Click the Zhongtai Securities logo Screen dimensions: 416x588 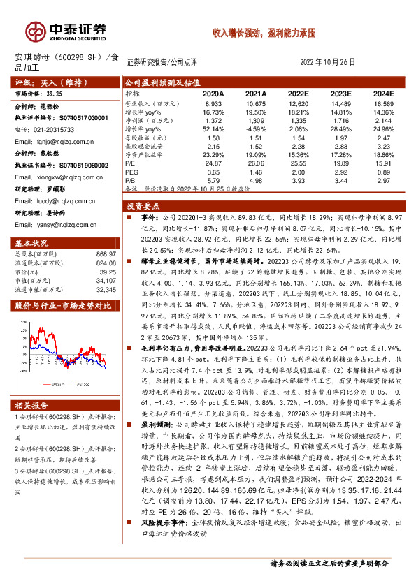tap(67, 31)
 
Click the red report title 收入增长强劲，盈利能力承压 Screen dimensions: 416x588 tap(264, 33)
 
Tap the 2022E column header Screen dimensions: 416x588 tap(297, 93)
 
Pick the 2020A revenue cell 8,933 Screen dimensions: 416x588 tap(213, 103)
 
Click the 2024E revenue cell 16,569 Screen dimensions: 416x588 tap(383, 103)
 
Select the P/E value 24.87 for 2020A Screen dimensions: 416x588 tap(213, 163)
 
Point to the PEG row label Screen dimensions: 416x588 tap(131, 172)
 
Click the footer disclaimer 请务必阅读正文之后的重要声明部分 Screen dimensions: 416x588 tap(328, 562)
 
